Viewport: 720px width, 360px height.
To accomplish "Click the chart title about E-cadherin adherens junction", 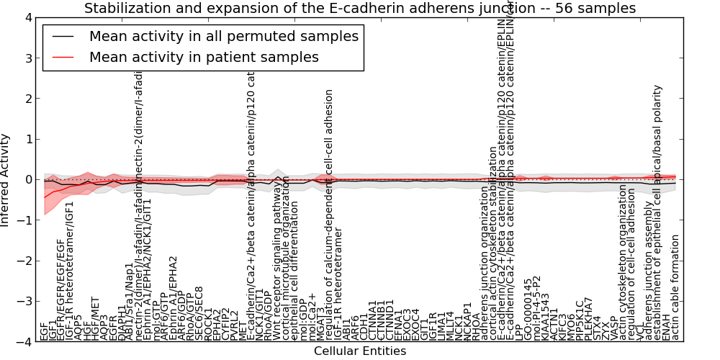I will pyautogui.click(x=360, y=9).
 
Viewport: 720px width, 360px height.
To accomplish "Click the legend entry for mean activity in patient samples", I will pyautogui.click(x=204, y=57).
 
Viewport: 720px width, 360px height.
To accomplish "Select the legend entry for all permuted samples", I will pyautogui.click(x=223, y=36).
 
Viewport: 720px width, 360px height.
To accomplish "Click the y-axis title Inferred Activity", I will pyautogui.click(x=6, y=180).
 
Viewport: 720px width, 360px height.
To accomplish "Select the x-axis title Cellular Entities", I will pyautogui.click(x=359, y=351).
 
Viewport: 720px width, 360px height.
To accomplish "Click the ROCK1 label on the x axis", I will pyautogui.click(x=209, y=325).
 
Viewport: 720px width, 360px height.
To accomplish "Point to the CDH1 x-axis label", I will pyautogui.click(x=364, y=328).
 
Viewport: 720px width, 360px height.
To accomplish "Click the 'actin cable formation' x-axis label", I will pyautogui.click(x=675, y=288).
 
